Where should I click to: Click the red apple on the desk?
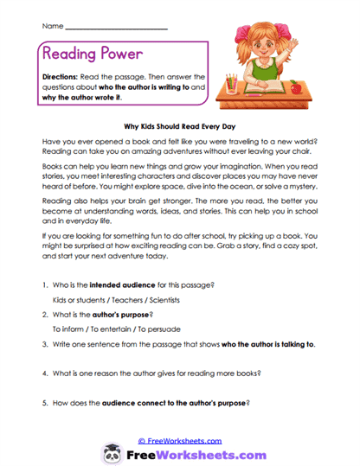pyautogui.click(x=297, y=87)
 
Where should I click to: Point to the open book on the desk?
pyautogui.click(x=262, y=89)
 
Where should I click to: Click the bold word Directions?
pyautogui.click(x=65, y=77)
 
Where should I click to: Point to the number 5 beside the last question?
pyautogui.click(x=43, y=403)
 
